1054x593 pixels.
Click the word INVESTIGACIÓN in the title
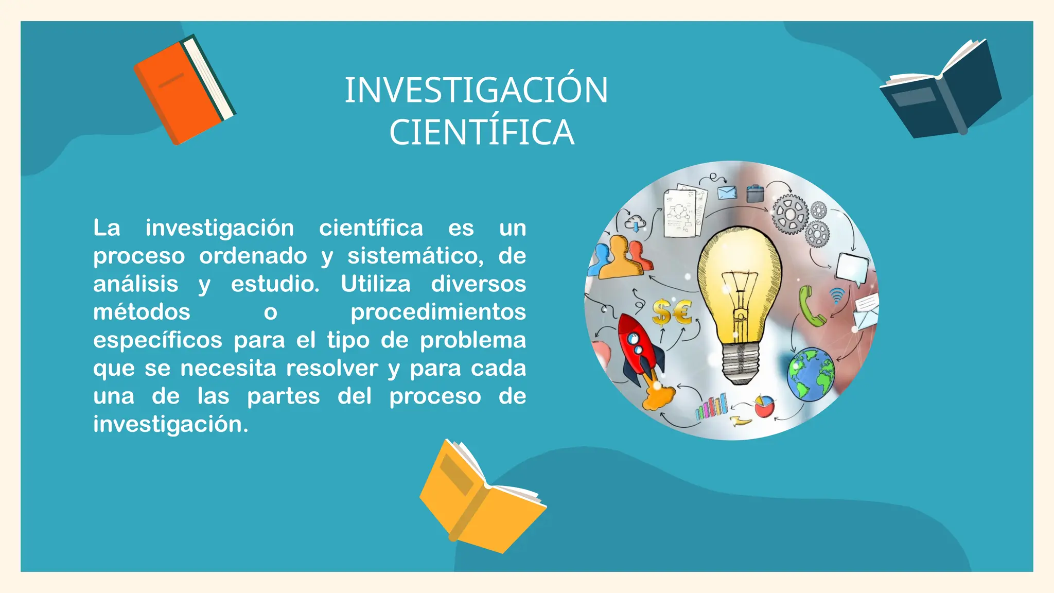(476, 91)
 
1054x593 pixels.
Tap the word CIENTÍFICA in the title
(481, 133)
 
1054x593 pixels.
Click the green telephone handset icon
(810, 307)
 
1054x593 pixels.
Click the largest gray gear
(789, 214)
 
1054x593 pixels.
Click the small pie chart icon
(765, 406)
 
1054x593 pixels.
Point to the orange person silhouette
(620, 257)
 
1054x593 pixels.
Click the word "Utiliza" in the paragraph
(376, 284)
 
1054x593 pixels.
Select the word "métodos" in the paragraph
(142, 312)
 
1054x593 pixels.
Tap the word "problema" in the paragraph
(472, 340)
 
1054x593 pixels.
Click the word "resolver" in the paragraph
(332, 369)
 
